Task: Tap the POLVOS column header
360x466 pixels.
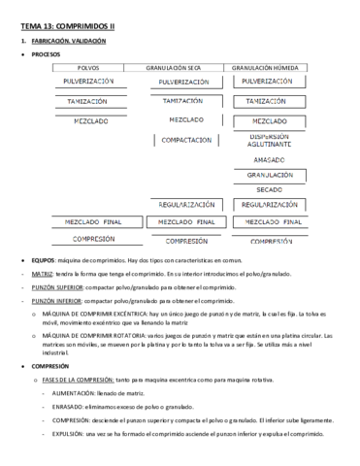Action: click(x=88, y=67)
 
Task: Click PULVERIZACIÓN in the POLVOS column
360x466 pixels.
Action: click(x=94, y=83)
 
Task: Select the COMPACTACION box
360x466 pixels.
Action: click(x=187, y=140)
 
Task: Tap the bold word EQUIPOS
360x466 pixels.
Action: click(x=43, y=263)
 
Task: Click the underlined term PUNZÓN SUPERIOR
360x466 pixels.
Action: click(x=56, y=287)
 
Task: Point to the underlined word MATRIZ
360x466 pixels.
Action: click(x=41, y=275)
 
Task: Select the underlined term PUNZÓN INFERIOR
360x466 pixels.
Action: click(x=55, y=301)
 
